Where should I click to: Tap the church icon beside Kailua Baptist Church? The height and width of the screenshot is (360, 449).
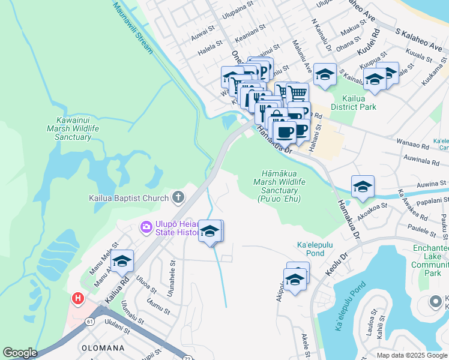178,197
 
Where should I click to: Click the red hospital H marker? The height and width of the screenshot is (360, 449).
77,298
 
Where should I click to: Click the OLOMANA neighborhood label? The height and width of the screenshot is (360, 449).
103,348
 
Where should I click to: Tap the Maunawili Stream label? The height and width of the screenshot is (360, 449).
134,24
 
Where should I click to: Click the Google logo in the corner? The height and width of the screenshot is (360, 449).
20,353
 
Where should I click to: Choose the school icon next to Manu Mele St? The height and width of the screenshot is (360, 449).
122,261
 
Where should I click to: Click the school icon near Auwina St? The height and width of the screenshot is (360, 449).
363,187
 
